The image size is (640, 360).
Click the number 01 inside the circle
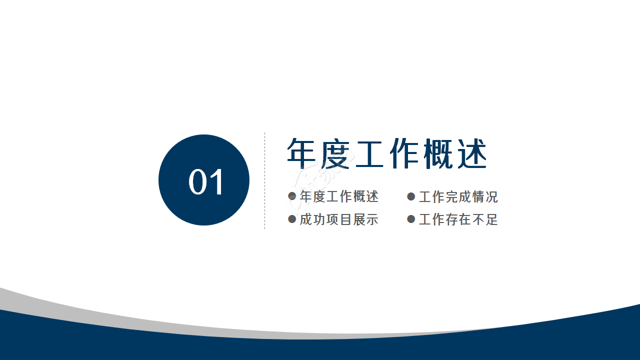click(x=206, y=182)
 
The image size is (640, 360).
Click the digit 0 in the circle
click(x=197, y=182)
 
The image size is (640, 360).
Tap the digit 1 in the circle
click(x=217, y=182)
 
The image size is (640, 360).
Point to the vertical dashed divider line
click(x=264, y=180)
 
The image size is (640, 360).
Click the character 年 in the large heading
click(x=303, y=153)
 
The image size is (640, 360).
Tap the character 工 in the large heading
click(x=370, y=153)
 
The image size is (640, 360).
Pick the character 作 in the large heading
click(x=404, y=153)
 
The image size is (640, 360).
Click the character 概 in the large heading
click(x=438, y=153)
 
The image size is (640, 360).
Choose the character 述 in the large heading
click(x=471, y=153)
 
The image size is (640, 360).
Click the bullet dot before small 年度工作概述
click(x=292, y=196)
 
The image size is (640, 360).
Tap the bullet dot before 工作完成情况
click(x=411, y=196)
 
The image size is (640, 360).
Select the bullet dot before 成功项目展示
click(x=292, y=219)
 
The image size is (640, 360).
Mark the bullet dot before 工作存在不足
click(x=411, y=219)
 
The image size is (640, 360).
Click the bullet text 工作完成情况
click(x=458, y=197)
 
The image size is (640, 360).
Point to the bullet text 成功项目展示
click(x=339, y=219)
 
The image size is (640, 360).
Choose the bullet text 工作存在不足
click(x=458, y=219)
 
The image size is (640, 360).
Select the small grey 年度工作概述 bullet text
click(x=339, y=197)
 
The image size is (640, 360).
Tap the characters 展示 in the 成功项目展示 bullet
click(x=365, y=219)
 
